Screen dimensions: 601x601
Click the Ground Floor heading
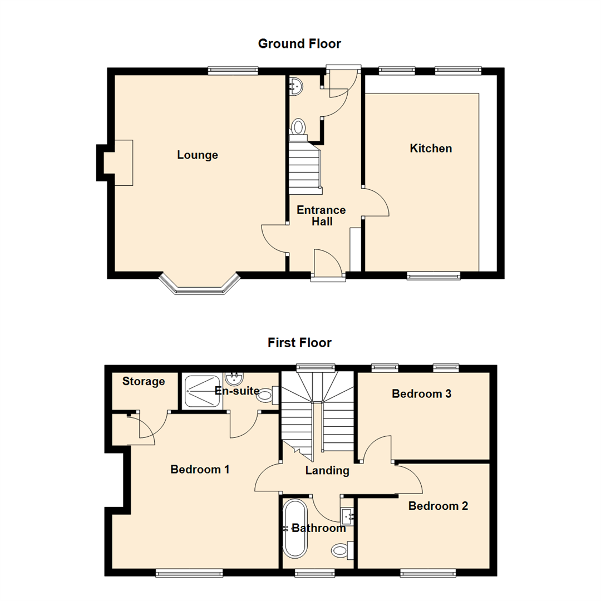pyautogui.click(x=299, y=43)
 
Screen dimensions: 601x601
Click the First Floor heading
pyautogui.click(x=299, y=342)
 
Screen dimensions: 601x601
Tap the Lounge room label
pyautogui.click(x=198, y=155)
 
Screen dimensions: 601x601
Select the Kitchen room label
pyautogui.click(x=431, y=149)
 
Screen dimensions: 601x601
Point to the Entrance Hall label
pyautogui.click(x=321, y=216)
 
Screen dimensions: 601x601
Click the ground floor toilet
pyautogui.click(x=299, y=127)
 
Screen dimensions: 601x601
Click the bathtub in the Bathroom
pyautogui.click(x=294, y=529)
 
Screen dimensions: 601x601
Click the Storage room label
pyautogui.click(x=144, y=382)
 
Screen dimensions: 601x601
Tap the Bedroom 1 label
pyautogui.click(x=200, y=469)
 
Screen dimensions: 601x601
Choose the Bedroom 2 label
pyautogui.click(x=438, y=506)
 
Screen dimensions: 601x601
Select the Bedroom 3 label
pyautogui.click(x=421, y=394)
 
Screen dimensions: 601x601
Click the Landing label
pyautogui.click(x=327, y=471)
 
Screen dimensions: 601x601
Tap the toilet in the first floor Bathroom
pyautogui.click(x=339, y=551)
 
